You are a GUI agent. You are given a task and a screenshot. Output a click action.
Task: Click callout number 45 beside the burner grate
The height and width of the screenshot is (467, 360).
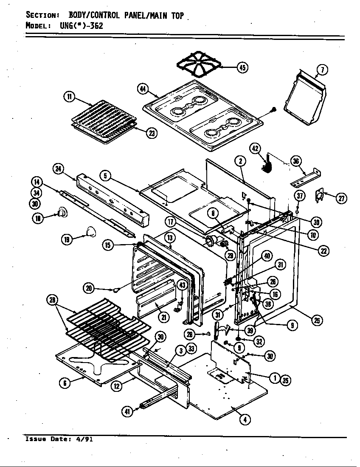coord(242,68)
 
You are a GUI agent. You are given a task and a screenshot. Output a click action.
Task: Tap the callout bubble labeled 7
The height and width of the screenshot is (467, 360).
coord(322,70)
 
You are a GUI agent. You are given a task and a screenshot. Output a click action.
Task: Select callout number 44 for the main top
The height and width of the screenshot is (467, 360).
coord(143,89)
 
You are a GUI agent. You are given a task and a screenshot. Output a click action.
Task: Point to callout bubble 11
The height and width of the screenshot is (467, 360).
coord(68,97)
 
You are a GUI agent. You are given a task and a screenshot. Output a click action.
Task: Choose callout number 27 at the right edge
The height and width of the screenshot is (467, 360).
coord(342,198)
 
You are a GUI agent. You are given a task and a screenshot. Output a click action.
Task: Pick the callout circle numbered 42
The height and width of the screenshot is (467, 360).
coord(255,149)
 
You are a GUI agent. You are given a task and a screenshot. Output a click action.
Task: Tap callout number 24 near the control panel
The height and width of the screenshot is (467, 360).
coord(59,169)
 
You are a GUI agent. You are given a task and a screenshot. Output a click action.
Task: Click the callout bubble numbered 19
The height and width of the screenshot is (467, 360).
coord(67,240)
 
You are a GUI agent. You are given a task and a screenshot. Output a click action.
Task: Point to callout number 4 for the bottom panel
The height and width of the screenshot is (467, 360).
coord(245,419)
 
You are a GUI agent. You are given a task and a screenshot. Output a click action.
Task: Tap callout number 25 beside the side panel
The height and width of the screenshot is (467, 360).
coord(316,321)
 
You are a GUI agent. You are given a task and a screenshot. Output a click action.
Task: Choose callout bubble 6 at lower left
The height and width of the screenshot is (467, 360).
coord(64,383)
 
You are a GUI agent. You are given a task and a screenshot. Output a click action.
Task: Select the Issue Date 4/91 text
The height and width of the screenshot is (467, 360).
coord(59,439)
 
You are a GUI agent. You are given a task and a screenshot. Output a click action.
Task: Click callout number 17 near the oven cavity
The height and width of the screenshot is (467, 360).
coord(171,221)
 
